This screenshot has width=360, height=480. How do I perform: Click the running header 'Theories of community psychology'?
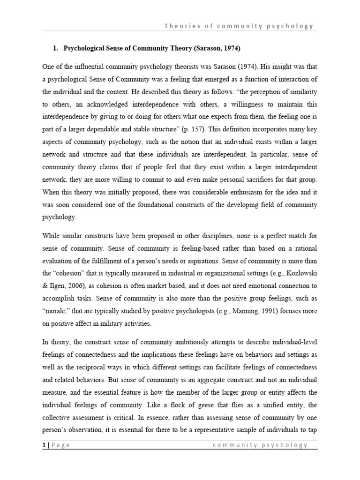(x=239, y=26)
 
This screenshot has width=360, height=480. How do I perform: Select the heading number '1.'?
(x=55, y=48)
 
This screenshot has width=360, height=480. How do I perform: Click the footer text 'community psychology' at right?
(x=260, y=445)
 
